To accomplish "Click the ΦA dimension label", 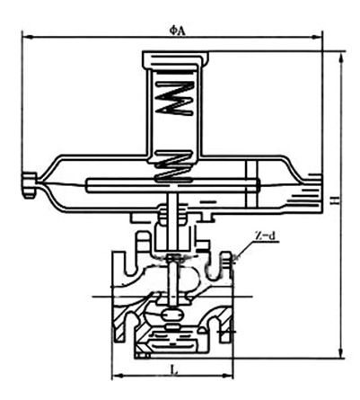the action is [x=178, y=31].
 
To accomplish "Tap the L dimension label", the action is [x=174, y=370].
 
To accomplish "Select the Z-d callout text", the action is [x=265, y=236].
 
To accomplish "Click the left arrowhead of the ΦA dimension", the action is [x=27, y=37].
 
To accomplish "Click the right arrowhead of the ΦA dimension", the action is [x=317, y=37].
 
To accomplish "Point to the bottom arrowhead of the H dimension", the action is [x=341, y=353].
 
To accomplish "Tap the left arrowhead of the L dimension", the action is [x=117, y=375].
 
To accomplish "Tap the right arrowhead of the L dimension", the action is [x=228, y=375].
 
